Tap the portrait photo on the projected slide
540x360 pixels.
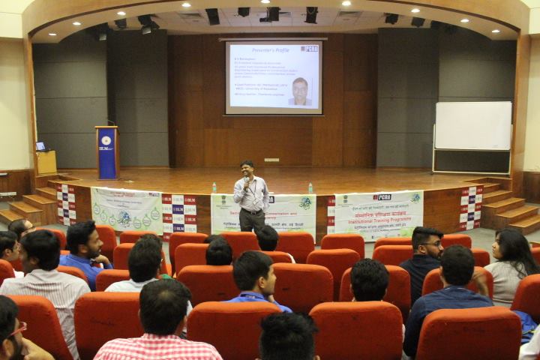tap(300, 91)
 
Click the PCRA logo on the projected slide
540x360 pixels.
tap(309, 49)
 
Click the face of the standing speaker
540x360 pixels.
tap(247, 169)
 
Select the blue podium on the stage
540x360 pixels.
tap(106, 152)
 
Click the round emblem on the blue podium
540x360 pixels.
tap(106, 140)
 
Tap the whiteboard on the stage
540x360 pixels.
tap(472, 125)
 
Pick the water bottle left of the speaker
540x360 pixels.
tap(214, 187)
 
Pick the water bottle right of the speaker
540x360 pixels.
tap(310, 188)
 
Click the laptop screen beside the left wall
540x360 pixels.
tap(40, 146)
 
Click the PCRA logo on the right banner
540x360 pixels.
tap(382, 197)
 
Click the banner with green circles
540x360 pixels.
tap(125, 209)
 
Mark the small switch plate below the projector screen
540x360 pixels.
tap(271, 160)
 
